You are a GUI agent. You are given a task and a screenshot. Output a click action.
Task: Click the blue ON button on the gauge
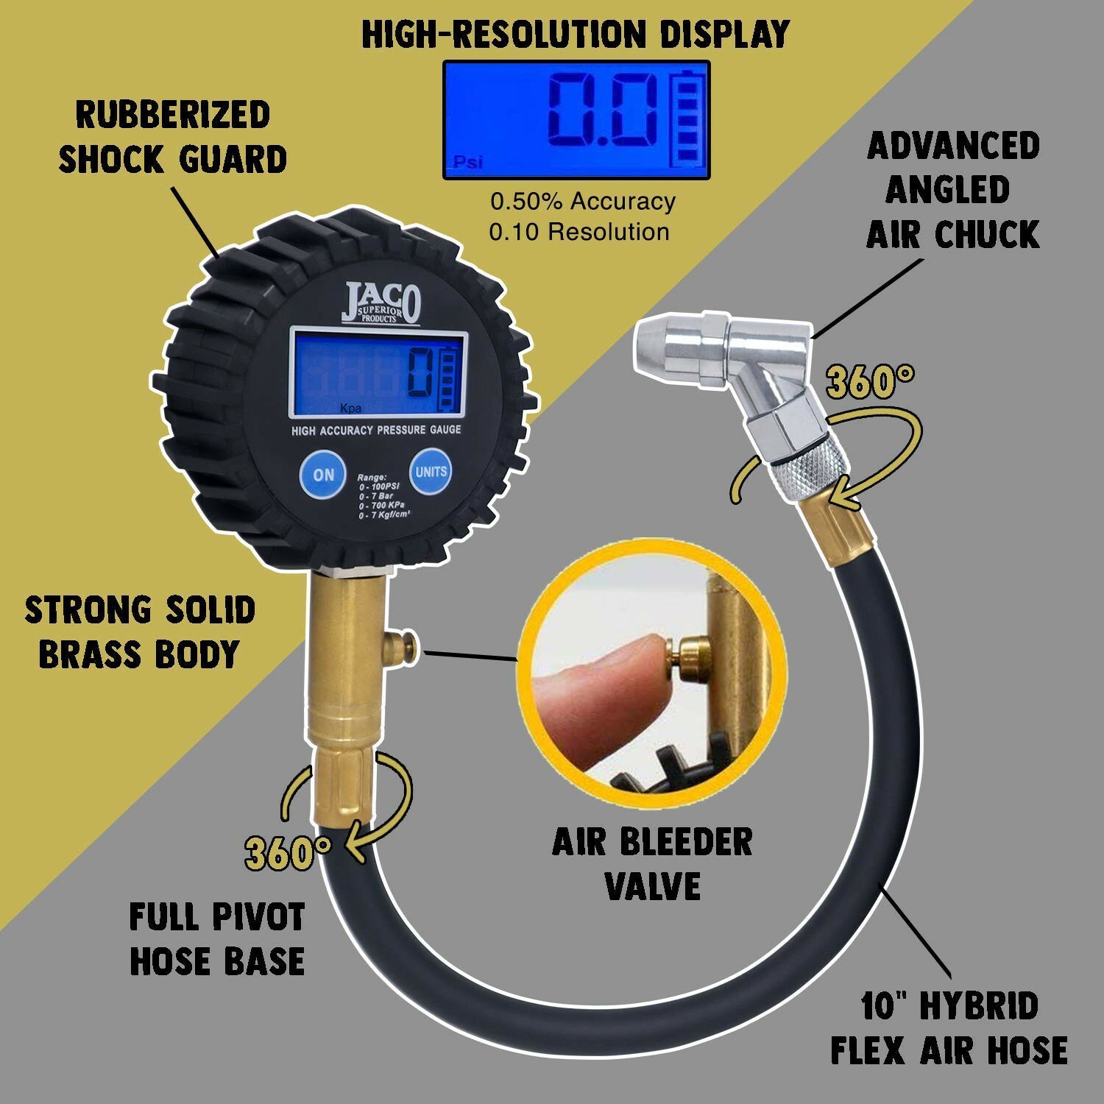click(323, 475)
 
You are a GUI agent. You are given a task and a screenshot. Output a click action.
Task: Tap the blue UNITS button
click(431, 471)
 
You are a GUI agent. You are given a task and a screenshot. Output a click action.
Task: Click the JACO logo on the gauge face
click(381, 302)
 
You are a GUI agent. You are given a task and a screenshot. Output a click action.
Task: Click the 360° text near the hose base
click(288, 854)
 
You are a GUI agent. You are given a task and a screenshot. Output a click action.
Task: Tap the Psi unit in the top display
click(468, 162)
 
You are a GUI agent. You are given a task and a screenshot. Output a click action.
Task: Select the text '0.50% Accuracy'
click(583, 201)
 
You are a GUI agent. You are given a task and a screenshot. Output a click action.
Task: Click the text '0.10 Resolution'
click(579, 232)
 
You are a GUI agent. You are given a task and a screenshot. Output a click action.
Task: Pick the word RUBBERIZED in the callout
click(173, 115)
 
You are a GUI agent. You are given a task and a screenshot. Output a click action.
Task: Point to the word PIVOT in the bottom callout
click(258, 917)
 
